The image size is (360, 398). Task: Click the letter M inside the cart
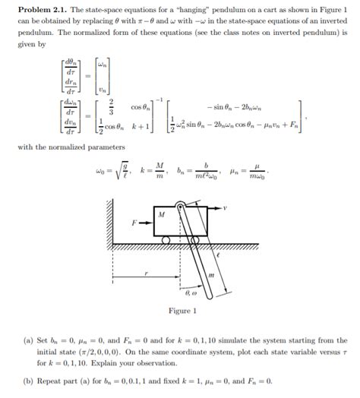(x=161, y=216)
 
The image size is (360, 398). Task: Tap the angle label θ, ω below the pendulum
(x=191, y=292)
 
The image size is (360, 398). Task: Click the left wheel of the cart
(x=164, y=241)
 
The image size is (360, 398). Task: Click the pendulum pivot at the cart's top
(x=182, y=204)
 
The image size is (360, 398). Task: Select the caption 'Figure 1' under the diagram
(x=182, y=311)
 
